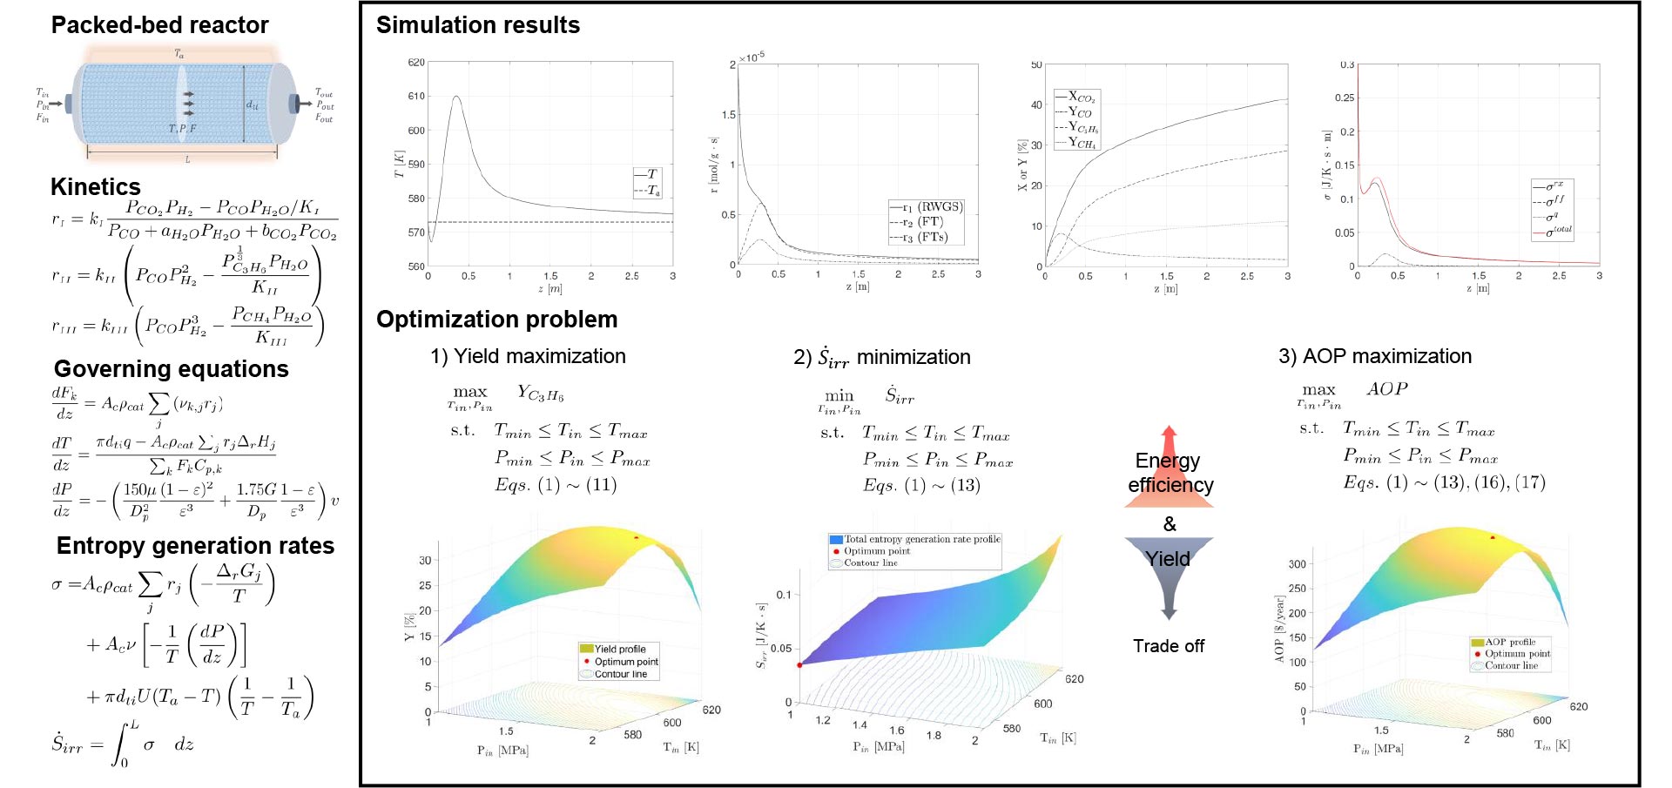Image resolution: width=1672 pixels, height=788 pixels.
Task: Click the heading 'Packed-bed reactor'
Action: pos(159,25)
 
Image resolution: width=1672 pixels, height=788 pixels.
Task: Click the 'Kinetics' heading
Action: pos(96,186)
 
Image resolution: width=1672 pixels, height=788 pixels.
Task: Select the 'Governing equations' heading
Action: pos(172,369)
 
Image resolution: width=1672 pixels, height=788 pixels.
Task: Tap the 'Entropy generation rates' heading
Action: pos(195,546)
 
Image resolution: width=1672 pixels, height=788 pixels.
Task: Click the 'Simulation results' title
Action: pos(478,25)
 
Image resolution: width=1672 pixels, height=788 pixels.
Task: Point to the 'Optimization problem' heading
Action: pos(496,320)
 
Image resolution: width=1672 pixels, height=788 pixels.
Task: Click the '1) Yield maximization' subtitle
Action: pos(528,356)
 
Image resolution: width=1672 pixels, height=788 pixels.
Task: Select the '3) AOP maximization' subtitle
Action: pos(1375,356)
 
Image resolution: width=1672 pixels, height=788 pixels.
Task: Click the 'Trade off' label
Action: pos(1169,646)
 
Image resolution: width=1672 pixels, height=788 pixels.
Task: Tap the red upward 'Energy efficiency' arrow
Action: pos(1170,470)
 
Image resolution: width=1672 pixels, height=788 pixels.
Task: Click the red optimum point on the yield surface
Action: pos(637,538)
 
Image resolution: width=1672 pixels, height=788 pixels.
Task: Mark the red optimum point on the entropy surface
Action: pos(799,665)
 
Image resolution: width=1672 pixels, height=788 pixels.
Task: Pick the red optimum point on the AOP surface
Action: pos(1493,537)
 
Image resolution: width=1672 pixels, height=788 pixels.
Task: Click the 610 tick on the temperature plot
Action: pos(416,97)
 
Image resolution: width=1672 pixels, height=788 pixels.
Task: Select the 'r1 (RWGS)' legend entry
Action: pos(928,207)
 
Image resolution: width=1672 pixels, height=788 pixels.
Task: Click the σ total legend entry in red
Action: pos(1554,232)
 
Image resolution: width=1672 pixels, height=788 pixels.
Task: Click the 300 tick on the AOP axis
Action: pos(1297,564)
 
